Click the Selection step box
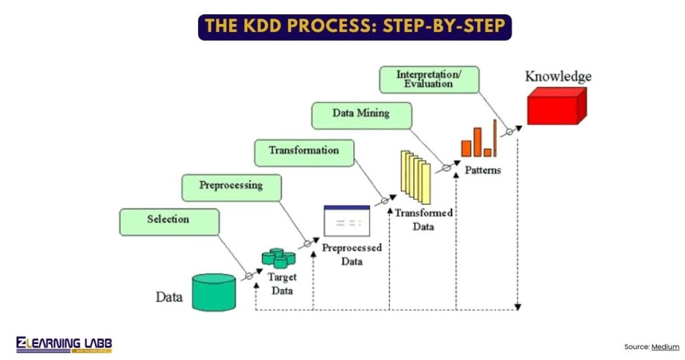coord(169,221)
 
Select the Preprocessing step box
coord(231,187)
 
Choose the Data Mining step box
coord(361,115)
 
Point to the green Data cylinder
coord(214,292)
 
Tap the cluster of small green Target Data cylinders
coord(278,258)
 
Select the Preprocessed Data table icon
coord(347,221)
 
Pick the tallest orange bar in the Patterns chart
coord(496,138)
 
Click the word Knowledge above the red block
coord(558,76)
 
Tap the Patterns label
coord(483,171)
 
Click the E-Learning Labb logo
coord(64,345)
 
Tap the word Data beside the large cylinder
coord(169,296)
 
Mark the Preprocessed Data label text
coord(352,255)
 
